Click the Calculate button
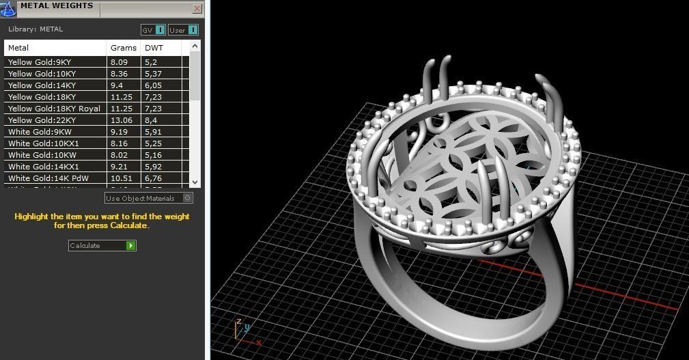102,245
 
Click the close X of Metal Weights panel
197,9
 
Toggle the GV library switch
153,30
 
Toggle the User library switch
183,30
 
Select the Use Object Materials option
148,198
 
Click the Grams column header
123,48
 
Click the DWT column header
154,48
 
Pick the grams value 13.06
120,120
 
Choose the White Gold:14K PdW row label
48,178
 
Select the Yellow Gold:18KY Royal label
54,109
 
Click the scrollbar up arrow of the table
195,46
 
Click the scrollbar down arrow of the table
195,182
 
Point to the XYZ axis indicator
242,329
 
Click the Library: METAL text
36,29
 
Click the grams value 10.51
120,178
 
